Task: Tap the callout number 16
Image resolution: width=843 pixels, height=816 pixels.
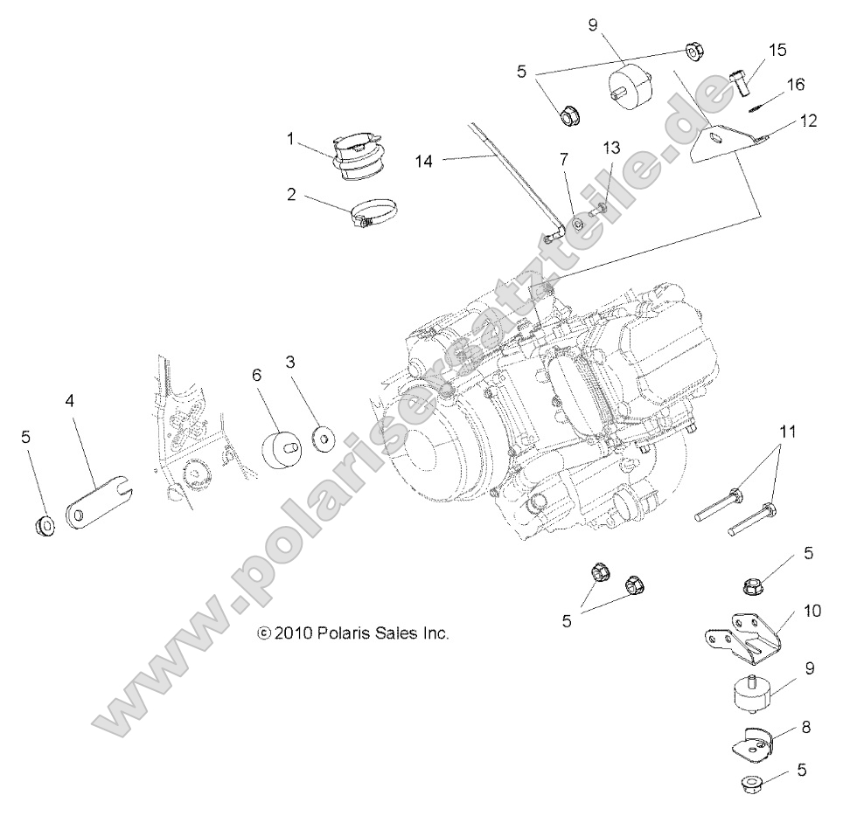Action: pyautogui.click(x=795, y=85)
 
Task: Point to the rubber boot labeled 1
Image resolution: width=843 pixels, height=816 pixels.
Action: pyautogui.click(x=361, y=156)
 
